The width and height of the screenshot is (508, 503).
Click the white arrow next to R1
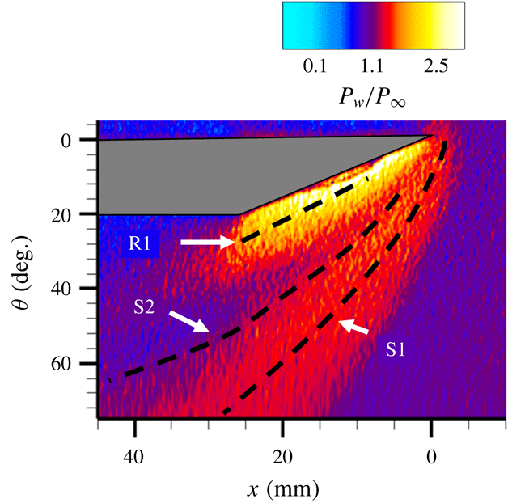coord(206,242)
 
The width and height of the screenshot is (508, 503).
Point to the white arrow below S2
coord(188,321)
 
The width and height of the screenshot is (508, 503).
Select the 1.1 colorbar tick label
coord(375,66)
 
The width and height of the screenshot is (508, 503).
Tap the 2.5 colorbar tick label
coord(434,66)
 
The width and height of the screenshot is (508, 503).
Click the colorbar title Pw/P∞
coord(374,97)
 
